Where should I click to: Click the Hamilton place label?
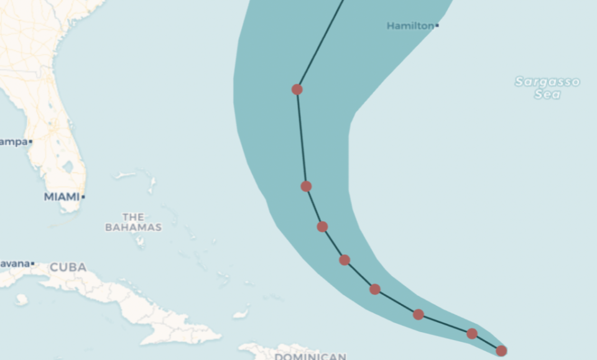[410, 25]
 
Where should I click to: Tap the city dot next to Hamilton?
[437, 25]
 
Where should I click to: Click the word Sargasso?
[547, 81]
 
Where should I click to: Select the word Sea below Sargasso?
[547, 95]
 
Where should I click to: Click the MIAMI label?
[62, 196]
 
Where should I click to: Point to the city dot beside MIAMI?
[83, 197]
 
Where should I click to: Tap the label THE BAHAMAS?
[133, 222]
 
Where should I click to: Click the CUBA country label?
[68, 267]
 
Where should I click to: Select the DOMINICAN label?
[310, 356]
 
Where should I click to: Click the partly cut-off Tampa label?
[13, 142]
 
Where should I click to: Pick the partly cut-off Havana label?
[14, 264]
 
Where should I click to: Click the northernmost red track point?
[297, 90]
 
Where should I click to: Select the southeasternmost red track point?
[501, 351]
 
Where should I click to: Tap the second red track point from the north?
[306, 187]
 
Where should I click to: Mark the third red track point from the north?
[322, 226]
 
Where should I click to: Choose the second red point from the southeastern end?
[472, 334]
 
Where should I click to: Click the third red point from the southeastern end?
[419, 315]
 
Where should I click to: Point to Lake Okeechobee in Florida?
[67, 167]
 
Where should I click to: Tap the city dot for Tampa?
[30, 142]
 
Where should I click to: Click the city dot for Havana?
[32, 264]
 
